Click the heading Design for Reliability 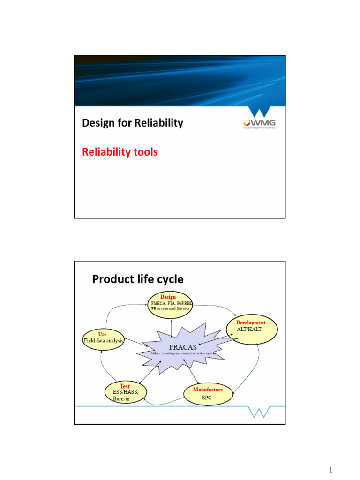click(133, 123)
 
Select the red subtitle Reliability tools click(120, 152)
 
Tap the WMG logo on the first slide click(259, 121)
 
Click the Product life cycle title click(138, 279)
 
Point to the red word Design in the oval click(168, 297)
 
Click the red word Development click(251, 322)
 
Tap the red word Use click(102, 334)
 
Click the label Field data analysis click(104, 341)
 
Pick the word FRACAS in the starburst click(180, 347)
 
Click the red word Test click(125, 386)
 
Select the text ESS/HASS click(126, 392)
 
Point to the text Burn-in click(121, 399)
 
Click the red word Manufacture click(208, 390)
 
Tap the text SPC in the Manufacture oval click(207, 397)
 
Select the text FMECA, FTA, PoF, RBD click(172, 303)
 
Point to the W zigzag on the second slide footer click(259, 411)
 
